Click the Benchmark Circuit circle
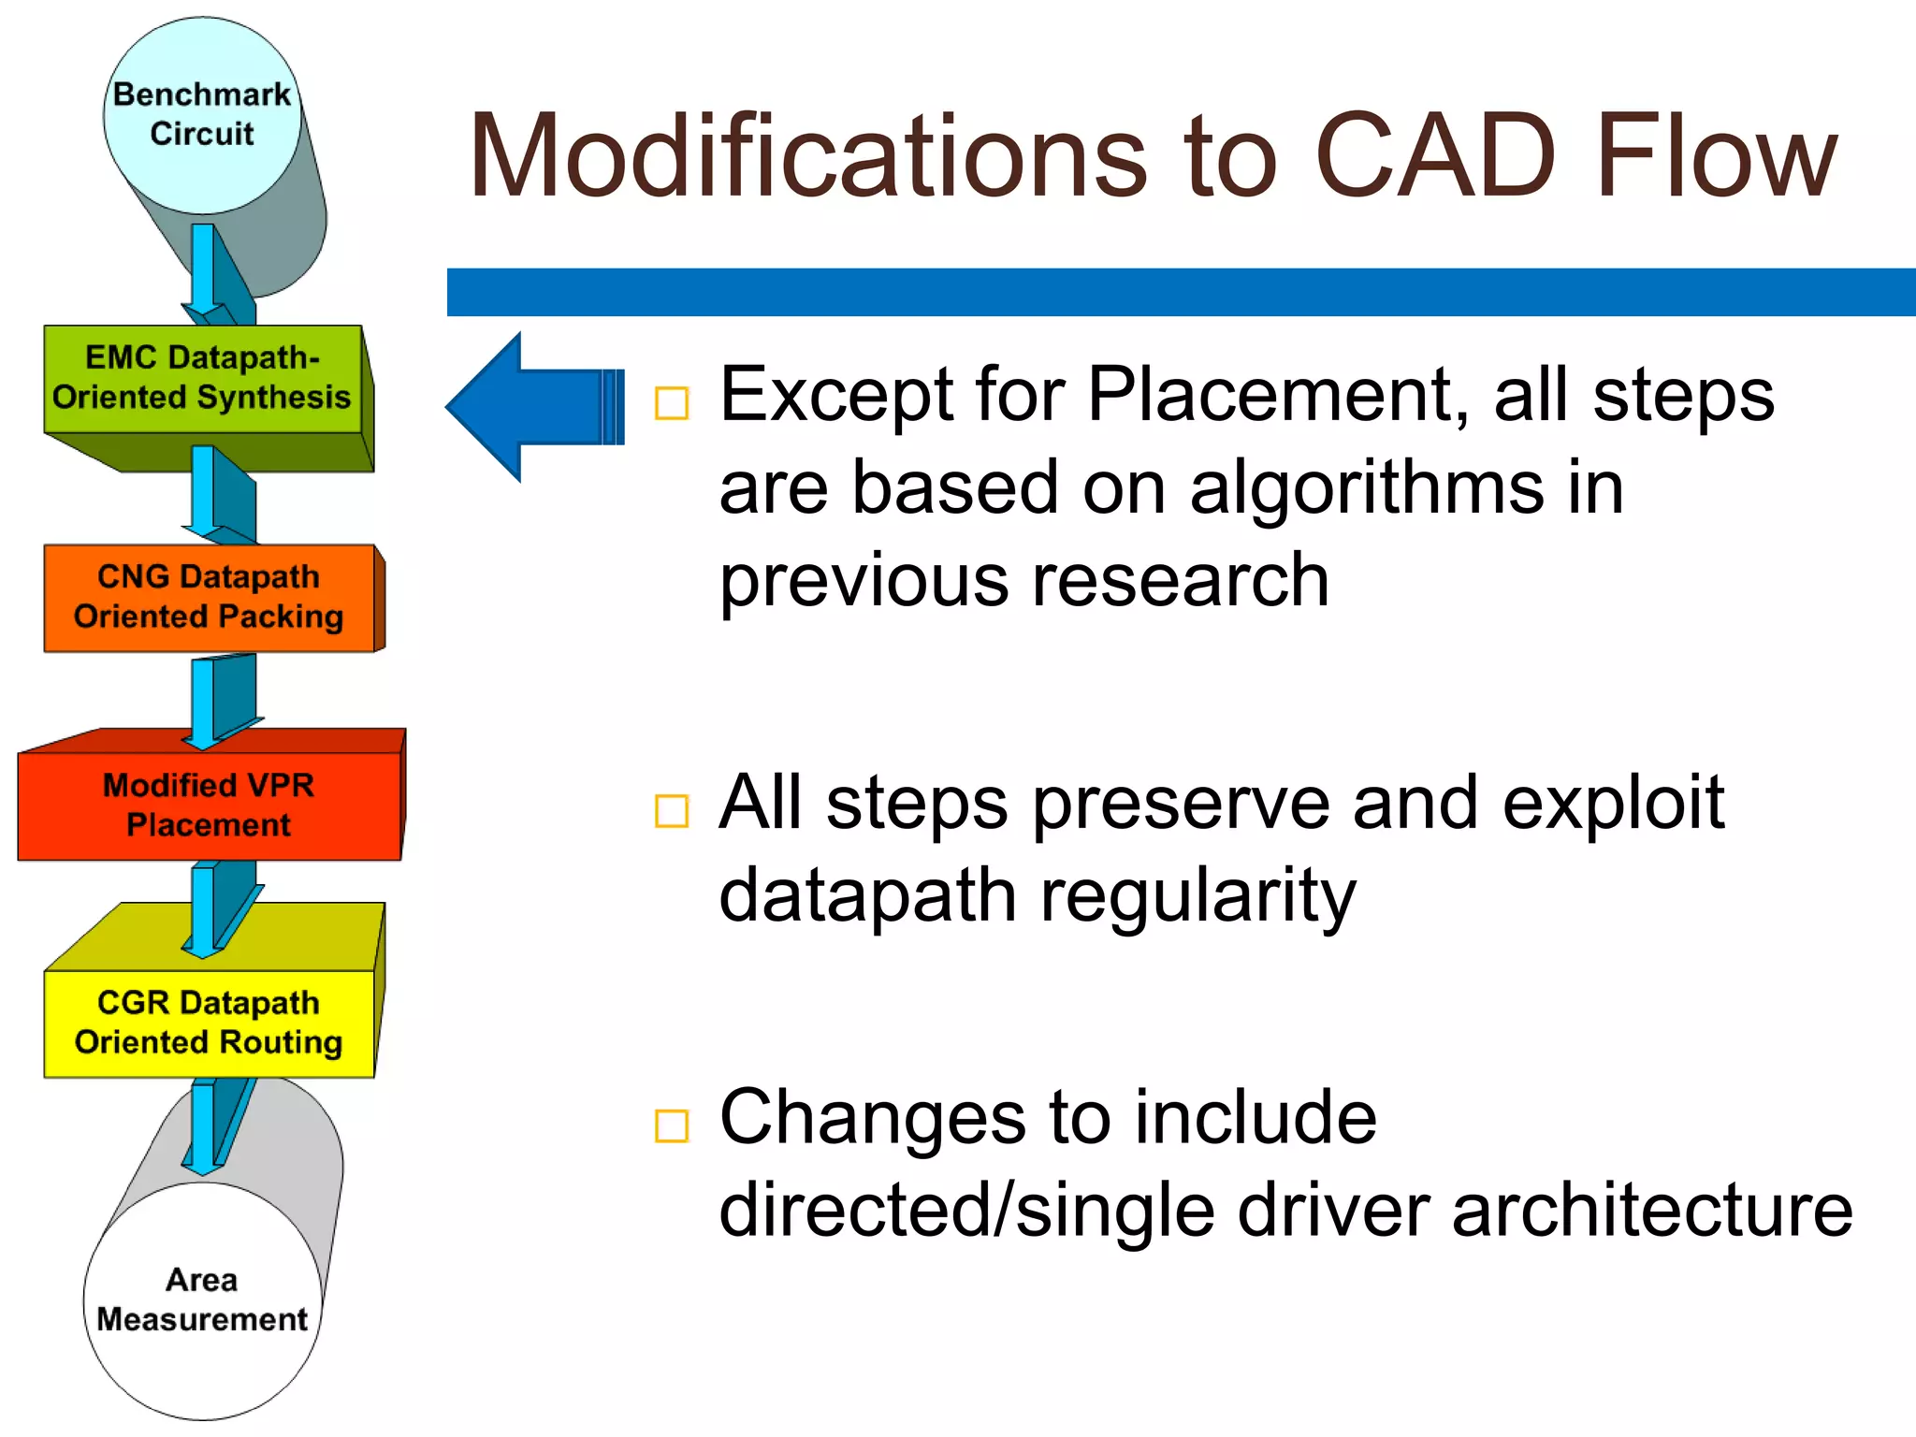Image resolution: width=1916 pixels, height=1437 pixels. pos(202,114)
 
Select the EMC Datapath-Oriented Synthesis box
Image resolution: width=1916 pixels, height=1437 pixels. pos(202,378)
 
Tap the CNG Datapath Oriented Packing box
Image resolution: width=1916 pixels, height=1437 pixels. pos(209,597)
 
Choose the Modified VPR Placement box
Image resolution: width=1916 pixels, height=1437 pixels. pos(209,806)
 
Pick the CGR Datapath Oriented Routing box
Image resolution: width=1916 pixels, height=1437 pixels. pos(209,1023)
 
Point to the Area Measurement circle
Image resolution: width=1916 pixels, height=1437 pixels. pos(202,1300)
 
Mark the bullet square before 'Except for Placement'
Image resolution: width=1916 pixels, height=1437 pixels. pos(672,403)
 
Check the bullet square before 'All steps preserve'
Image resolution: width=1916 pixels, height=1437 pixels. pos(672,811)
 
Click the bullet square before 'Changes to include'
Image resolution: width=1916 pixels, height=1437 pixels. pos(672,1125)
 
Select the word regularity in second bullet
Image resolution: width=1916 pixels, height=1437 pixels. pos(1198,896)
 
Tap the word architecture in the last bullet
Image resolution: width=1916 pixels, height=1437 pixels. pos(1651,1210)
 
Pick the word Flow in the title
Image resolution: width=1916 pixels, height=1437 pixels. pos(1716,156)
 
